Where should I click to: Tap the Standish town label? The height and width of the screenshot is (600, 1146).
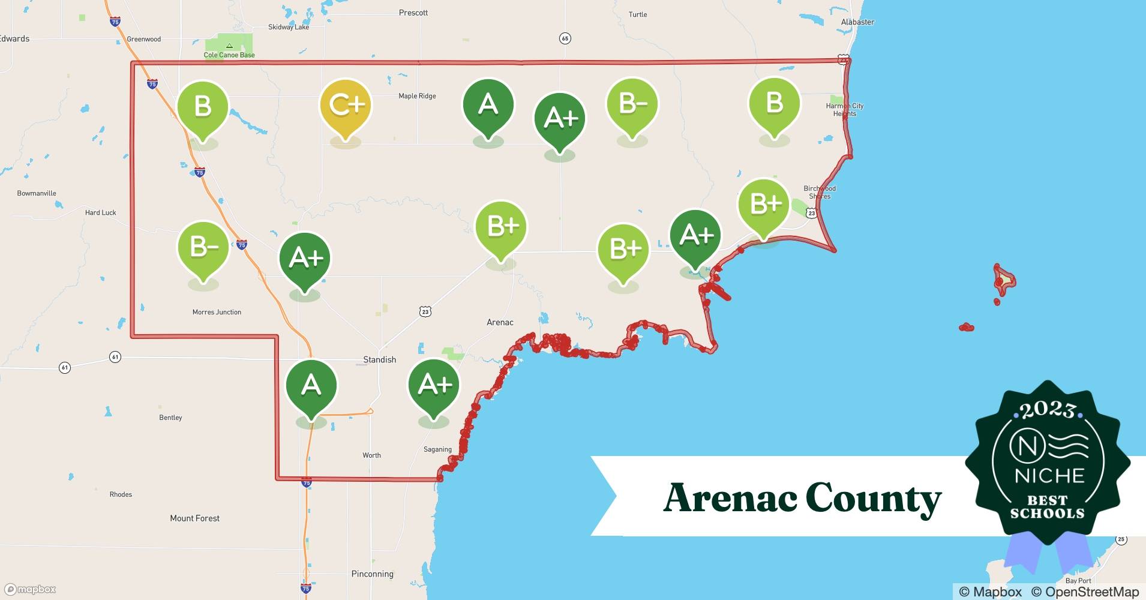[x=379, y=359]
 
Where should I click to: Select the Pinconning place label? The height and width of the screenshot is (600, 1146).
[x=372, y=574]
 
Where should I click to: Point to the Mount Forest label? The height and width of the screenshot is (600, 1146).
[x=194, y=518]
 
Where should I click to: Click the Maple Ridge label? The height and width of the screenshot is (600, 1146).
[x=417, y=96]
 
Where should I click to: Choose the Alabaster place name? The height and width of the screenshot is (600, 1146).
[x=857, y=22]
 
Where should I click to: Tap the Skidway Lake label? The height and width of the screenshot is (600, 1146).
[x=289, y=27]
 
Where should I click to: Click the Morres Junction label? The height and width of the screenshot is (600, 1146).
[x=217, y=312]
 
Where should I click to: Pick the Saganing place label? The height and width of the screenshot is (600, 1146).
[x=437, y=449]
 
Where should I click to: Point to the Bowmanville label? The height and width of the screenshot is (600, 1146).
[x=37, y=193]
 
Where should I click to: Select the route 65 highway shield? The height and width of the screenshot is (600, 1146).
[x=565, y=38]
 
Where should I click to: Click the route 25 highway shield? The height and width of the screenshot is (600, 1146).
[x=1121, y=539]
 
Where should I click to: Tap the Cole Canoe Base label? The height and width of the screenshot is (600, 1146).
[x=229, y=55]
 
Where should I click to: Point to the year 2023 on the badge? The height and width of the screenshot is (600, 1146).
[x=1047, y=410]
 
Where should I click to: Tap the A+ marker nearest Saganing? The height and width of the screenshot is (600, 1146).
[x=434, y=386]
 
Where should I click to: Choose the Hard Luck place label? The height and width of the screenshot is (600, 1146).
[x=100, y=212]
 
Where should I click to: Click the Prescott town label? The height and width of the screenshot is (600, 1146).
[x=413, y=13]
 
